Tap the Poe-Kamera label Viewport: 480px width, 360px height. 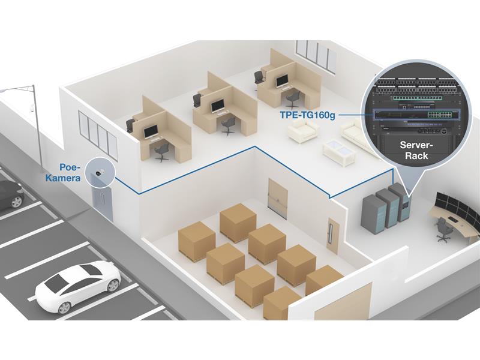[x=71, y=173]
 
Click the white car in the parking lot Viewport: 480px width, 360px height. [x=78, y=285]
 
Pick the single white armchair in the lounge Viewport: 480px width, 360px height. [x=304, y=130]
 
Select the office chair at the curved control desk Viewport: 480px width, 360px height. [x=443, y=230]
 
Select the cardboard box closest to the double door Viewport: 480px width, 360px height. [x=238, y=222]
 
